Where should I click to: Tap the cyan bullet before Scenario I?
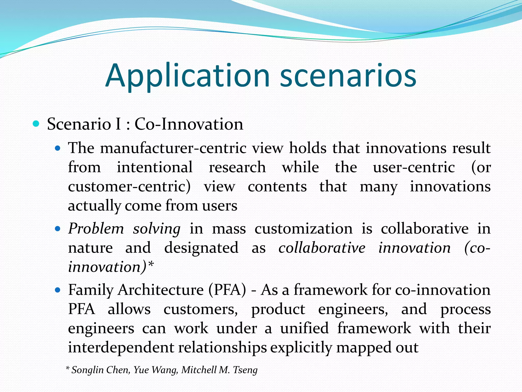point(36,124)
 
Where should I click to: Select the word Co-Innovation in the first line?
point(189,124)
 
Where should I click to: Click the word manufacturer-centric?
point(173,148)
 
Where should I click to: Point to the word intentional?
point(154,167)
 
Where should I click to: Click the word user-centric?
point(414,167)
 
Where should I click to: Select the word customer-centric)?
point(129,187)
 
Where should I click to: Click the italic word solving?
point(156,229)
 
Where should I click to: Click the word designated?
point(201,248)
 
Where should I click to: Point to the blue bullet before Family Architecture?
point(58,290)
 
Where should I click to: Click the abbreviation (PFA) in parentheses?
point(227,290)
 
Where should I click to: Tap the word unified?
point(304,328)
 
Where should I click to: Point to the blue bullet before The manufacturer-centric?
point(58,148)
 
